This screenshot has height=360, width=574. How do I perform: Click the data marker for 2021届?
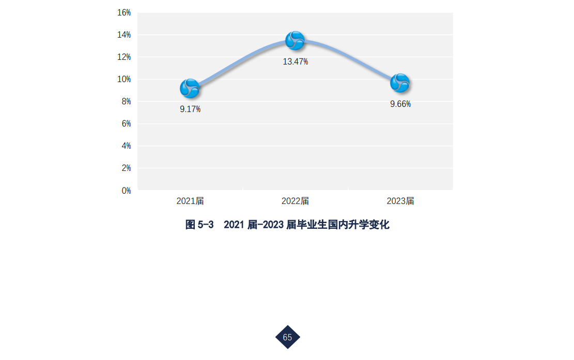coord(190,89)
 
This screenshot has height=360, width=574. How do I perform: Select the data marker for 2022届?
coord(295,41)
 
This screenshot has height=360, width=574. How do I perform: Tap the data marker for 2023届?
coord(400,83)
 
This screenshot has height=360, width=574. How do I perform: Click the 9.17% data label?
coord(190,109)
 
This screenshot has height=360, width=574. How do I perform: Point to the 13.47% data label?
coord(295,61)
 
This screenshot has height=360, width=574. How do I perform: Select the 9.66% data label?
coord(400,104)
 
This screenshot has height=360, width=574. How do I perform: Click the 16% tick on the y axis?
coord(124,12)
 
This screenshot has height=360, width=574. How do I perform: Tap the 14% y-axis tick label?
coord(124,35)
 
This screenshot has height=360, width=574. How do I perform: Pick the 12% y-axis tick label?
coord(124,57)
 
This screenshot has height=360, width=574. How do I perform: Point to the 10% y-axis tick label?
coord(124,79)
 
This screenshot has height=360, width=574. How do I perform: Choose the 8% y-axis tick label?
coord(126,101)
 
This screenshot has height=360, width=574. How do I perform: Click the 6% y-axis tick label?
coord(126,123)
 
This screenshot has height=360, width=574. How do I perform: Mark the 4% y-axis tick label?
coord(126,146)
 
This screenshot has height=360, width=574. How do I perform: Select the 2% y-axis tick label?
coord(126,168)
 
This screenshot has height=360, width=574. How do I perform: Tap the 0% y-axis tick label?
coord(126,191)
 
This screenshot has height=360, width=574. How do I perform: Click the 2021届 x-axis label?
coord(190,201)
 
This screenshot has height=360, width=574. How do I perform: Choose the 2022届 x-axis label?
coord(295,201)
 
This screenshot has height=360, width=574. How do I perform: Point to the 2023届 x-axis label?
coord(400,201)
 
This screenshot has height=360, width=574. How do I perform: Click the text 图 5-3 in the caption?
coord(199,225)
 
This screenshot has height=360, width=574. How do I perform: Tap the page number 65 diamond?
coord(287,337)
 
